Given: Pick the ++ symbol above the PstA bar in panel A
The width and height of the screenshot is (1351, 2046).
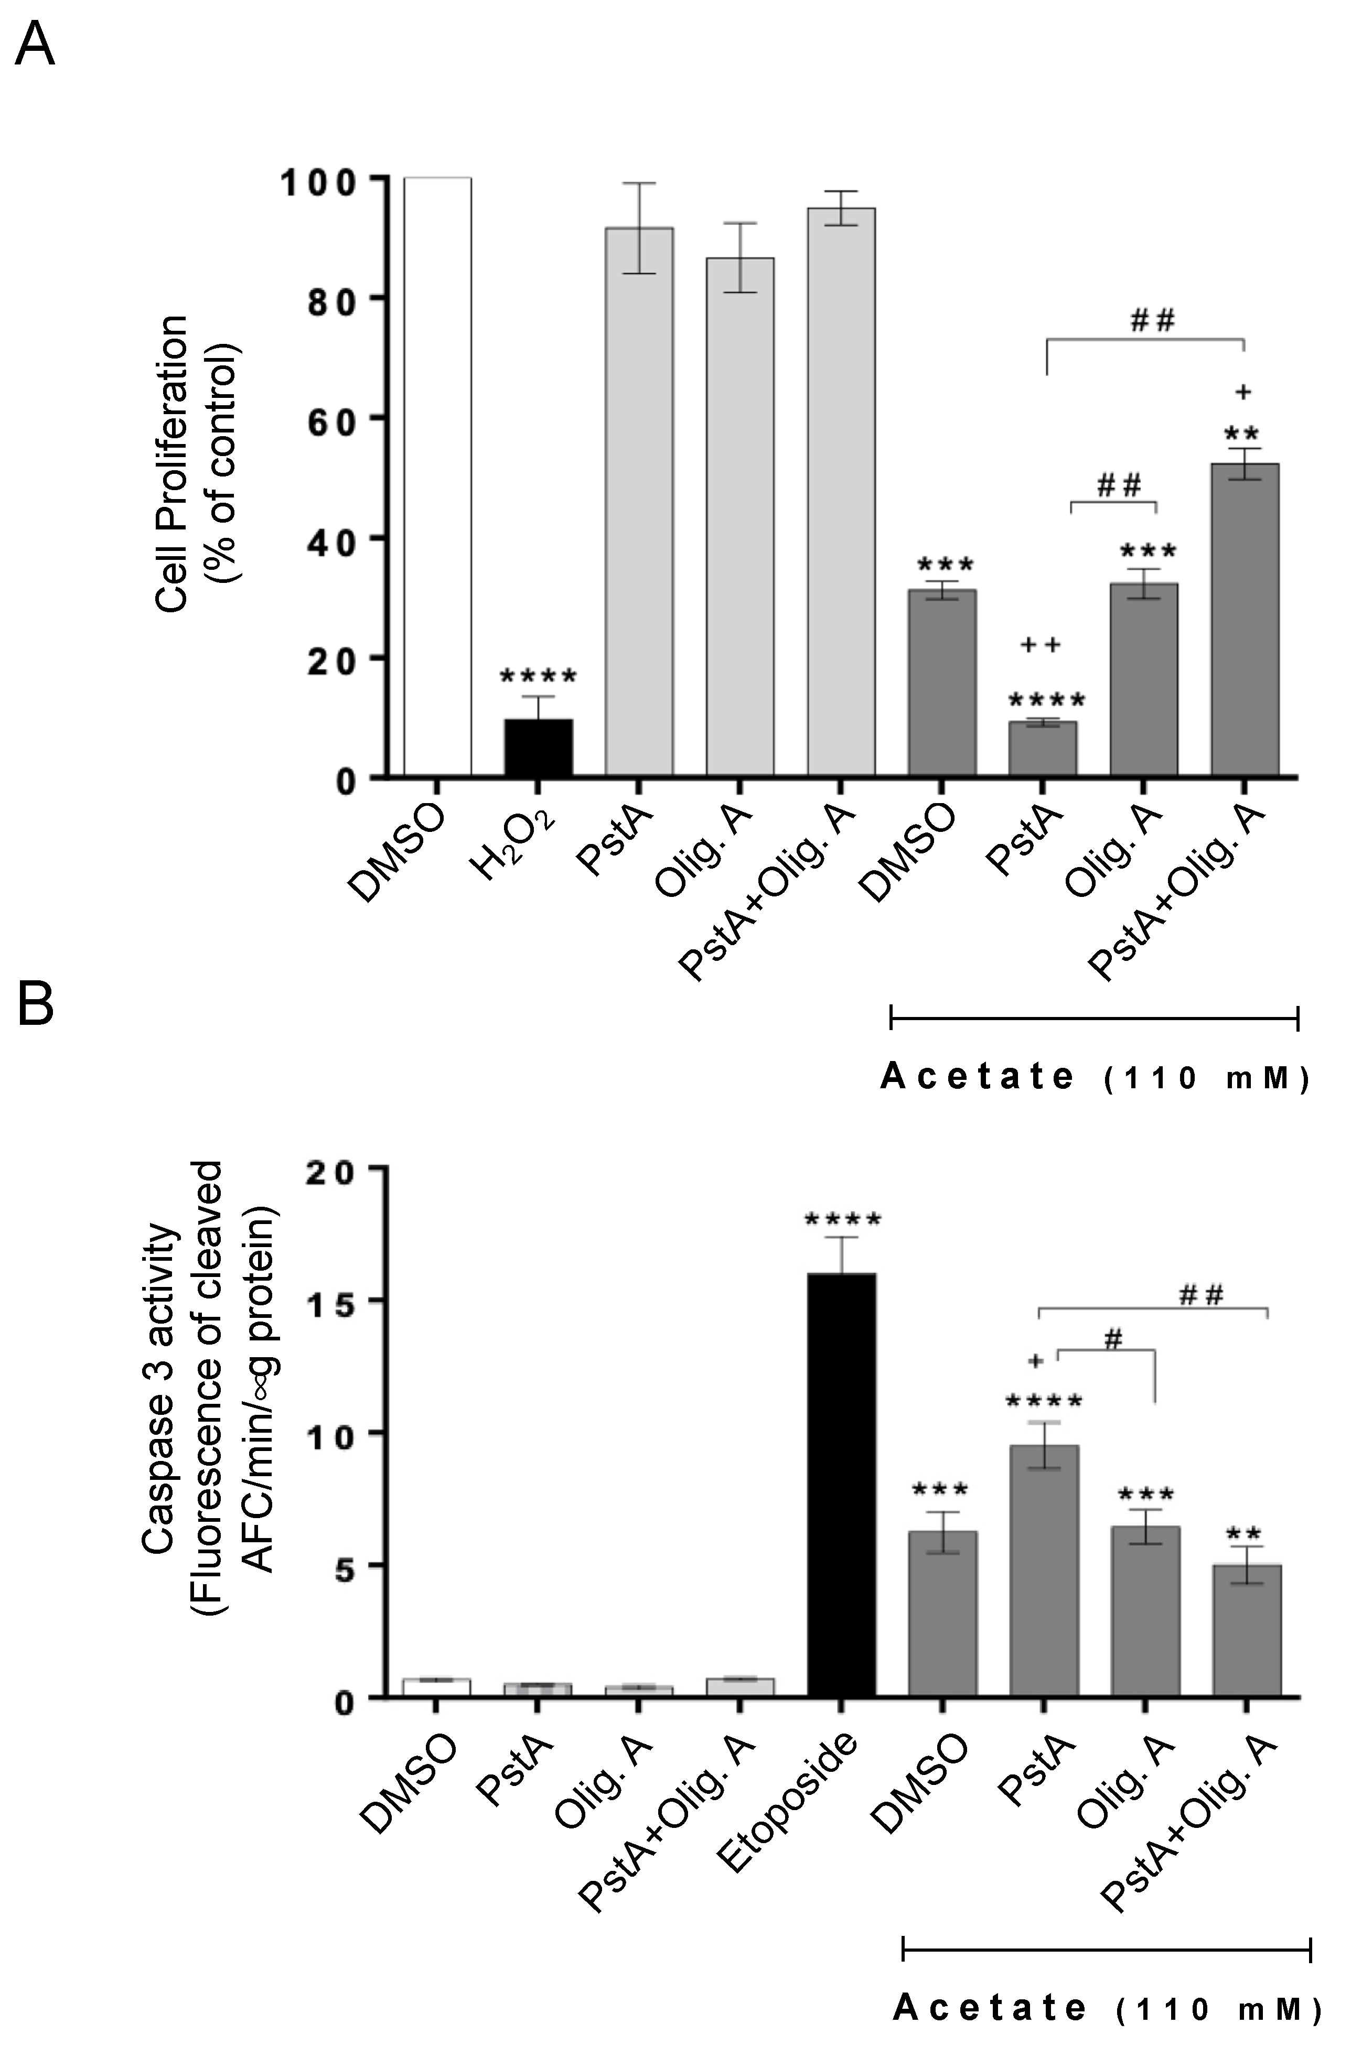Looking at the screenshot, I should point(1041,644).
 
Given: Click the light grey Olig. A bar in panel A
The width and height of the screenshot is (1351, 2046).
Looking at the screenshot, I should point(739,517).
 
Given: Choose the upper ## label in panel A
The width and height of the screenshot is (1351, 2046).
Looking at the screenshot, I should point(1152,321).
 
